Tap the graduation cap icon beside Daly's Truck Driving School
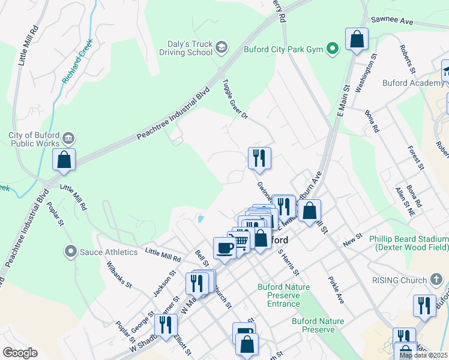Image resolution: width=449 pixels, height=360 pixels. click(221, 47)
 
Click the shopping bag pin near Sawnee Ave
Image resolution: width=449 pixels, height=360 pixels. click(357, 40)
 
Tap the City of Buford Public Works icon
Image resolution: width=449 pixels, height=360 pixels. click(68, 139)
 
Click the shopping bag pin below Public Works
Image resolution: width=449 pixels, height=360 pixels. click(64, 160)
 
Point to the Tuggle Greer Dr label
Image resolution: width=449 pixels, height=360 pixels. click(235, 98)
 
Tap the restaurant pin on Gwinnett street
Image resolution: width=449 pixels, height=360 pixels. click(259, 158)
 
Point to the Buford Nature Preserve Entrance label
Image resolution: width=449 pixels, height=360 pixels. click(283, 295)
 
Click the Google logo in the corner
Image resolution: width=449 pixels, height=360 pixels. click(20, 352)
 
